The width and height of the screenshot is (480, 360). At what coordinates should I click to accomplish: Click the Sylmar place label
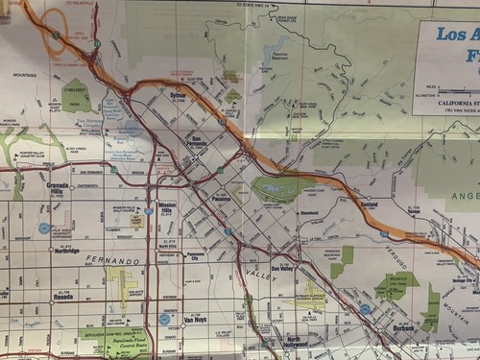click(x=178, y=96)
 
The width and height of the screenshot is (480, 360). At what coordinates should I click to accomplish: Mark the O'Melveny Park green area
click(x=76, y=96)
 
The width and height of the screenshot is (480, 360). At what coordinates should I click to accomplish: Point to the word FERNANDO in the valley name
click(x=111, y=260)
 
